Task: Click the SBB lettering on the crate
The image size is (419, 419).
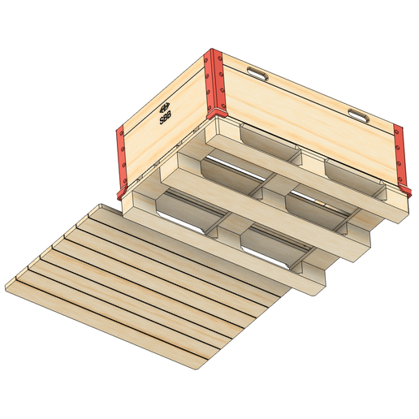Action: coord(166,118)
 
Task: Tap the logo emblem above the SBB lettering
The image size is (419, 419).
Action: coord(162,106)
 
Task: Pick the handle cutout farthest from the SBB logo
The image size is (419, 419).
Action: coord(358,114)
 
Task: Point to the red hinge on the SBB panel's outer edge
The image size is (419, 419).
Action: coord(122,158)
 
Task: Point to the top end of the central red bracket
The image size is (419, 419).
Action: coord(214,54)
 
